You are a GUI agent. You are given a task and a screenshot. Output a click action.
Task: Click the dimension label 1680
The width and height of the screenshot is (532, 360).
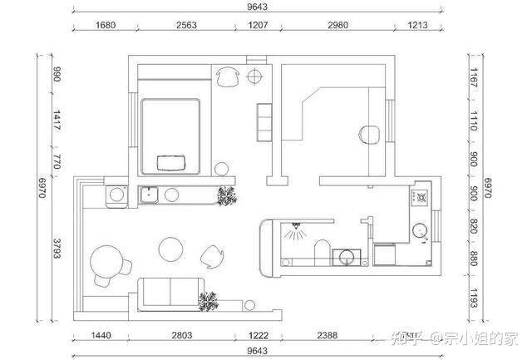[x=106, y=25]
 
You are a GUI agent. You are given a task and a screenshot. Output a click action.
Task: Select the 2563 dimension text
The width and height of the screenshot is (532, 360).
[x=186, y=25]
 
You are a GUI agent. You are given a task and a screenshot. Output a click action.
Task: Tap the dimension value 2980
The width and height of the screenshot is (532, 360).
[x=338, y=25]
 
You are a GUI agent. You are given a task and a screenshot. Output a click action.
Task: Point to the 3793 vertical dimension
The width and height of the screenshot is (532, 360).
[x=57, y=249]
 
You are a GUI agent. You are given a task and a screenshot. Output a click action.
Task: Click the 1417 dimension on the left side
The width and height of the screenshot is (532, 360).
[x=57, y=120]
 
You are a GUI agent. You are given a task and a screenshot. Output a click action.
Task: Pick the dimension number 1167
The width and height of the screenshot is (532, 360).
[x=474, y=77]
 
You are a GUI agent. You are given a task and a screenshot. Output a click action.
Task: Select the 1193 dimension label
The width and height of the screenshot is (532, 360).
[x=474, y=298]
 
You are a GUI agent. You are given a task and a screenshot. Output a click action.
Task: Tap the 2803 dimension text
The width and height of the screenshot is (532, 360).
[x=182, y=336]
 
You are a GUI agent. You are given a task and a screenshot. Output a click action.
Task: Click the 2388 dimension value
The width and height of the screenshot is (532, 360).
[x=328, y=336]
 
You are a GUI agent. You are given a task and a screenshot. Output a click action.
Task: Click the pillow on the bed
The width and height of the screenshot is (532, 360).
[x=171, y=163]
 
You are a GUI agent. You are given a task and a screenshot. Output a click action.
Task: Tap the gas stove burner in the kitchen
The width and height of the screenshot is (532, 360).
[x=421, y=197]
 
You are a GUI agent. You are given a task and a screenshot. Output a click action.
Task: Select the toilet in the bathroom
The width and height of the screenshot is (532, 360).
[x=323, y=253]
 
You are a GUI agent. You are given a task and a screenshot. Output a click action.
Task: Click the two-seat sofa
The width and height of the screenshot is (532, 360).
[x=171, y=293]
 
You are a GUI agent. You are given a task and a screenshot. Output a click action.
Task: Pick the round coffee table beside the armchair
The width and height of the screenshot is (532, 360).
[x=170, y=249]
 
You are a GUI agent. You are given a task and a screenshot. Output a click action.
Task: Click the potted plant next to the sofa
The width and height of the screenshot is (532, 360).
[x=209, y=302]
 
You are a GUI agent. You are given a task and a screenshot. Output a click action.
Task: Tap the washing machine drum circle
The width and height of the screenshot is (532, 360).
[x=116, y=195]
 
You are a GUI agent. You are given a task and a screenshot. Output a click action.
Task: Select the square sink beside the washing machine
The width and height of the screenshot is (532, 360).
[x=149, y=195]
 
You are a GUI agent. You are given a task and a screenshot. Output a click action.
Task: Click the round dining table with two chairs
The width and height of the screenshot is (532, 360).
[x=106, y=262]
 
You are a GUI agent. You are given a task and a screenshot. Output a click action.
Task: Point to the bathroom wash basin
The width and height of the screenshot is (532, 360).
[x=347, y=257]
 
